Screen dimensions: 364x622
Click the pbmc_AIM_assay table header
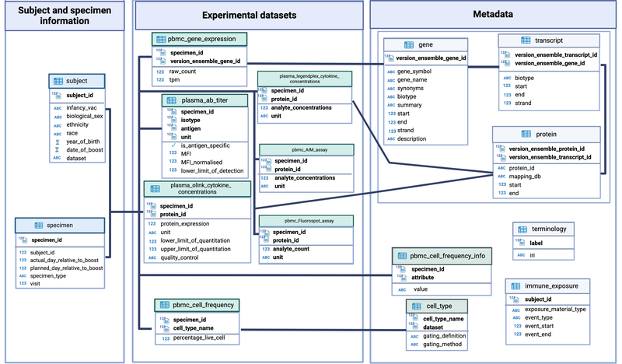coord(305,149)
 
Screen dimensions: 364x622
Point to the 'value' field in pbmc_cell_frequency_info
coord(421,289)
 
